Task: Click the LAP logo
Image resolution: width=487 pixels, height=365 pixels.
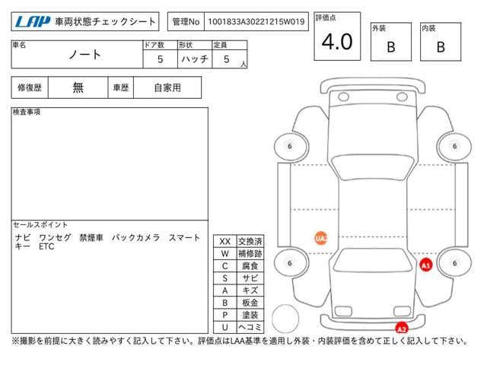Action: click(31, 23)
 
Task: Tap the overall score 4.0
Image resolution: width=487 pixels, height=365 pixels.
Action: click(337, 43)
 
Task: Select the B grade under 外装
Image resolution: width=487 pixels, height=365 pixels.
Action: click(390, 47)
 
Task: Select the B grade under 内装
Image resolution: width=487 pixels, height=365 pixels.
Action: click(441, 47)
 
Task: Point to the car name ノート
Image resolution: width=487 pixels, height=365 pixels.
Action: click(85, 56)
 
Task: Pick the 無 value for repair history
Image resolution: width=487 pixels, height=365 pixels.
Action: click(78, 87)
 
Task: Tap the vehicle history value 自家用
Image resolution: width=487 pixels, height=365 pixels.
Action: click(167, 87)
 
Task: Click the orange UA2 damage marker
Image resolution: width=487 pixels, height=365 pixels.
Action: click(321, 238)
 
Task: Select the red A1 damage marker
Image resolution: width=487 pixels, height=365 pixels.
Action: click(426, 265)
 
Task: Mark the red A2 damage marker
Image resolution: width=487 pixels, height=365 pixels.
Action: click(402, 328)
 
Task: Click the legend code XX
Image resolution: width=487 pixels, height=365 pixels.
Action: click(225, 241)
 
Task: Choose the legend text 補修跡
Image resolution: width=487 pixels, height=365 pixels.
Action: click(250, 253)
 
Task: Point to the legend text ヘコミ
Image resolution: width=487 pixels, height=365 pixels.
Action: click(250, 327)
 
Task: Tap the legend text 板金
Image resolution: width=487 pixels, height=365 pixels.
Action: click(250, 303)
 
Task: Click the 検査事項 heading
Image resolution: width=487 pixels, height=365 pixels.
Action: click(27, 113)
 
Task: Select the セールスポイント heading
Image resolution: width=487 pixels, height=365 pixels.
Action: click(40, 225)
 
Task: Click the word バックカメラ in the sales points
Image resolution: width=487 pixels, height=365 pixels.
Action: click(135, 238)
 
